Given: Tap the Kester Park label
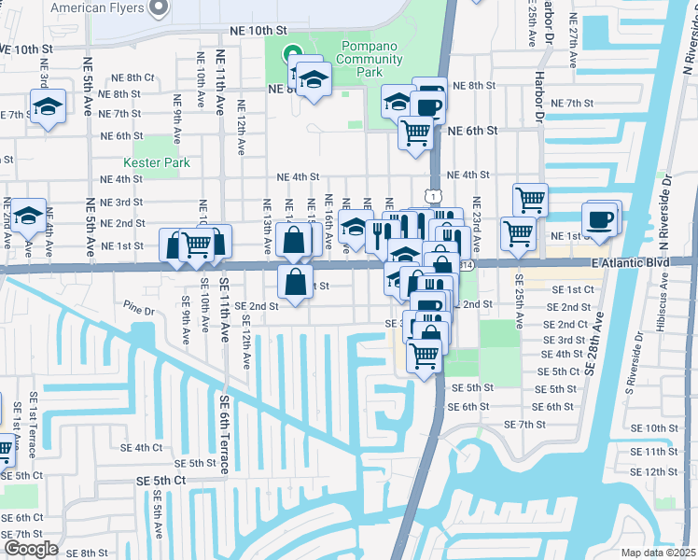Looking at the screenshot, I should [x=157, y=162].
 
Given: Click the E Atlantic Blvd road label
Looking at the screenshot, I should [x=631, y=264].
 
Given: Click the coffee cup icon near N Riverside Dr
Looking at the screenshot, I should [x=598, y=220].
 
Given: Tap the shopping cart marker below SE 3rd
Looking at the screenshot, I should [x=424, y=355].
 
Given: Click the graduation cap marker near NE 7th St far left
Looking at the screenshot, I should [x=47, y=106].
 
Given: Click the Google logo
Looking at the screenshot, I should [x=30, y=548].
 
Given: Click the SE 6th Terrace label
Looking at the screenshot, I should [x=224, y=434].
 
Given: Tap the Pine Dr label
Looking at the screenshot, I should [x=137, y=305].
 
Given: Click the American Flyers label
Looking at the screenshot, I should [x=97, y=7].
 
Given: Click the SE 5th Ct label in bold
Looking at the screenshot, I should [x=161, y=481].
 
